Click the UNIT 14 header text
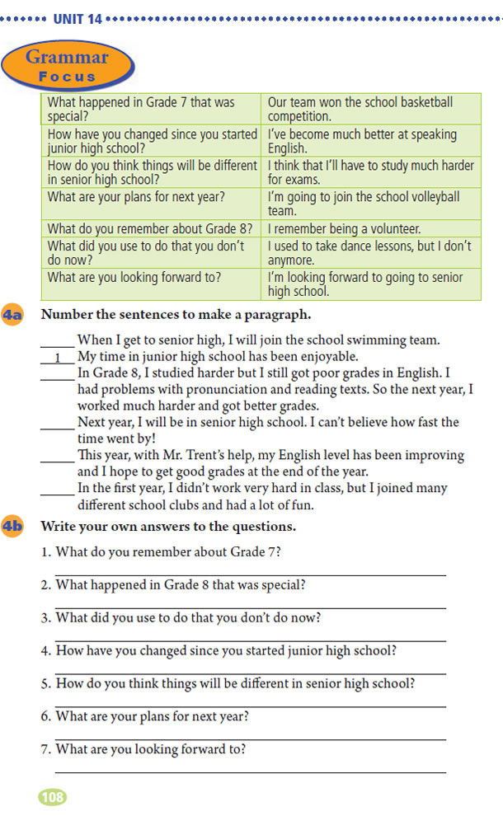(x=78, y=19)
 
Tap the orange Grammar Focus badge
(x=67, y=66)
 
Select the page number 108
(x=52, y=797)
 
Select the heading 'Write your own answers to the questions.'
(x=168, y=526)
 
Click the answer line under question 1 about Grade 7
(x=251, y=574)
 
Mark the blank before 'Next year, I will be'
(x=58, y=427)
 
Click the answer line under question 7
(x=251, y=772)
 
